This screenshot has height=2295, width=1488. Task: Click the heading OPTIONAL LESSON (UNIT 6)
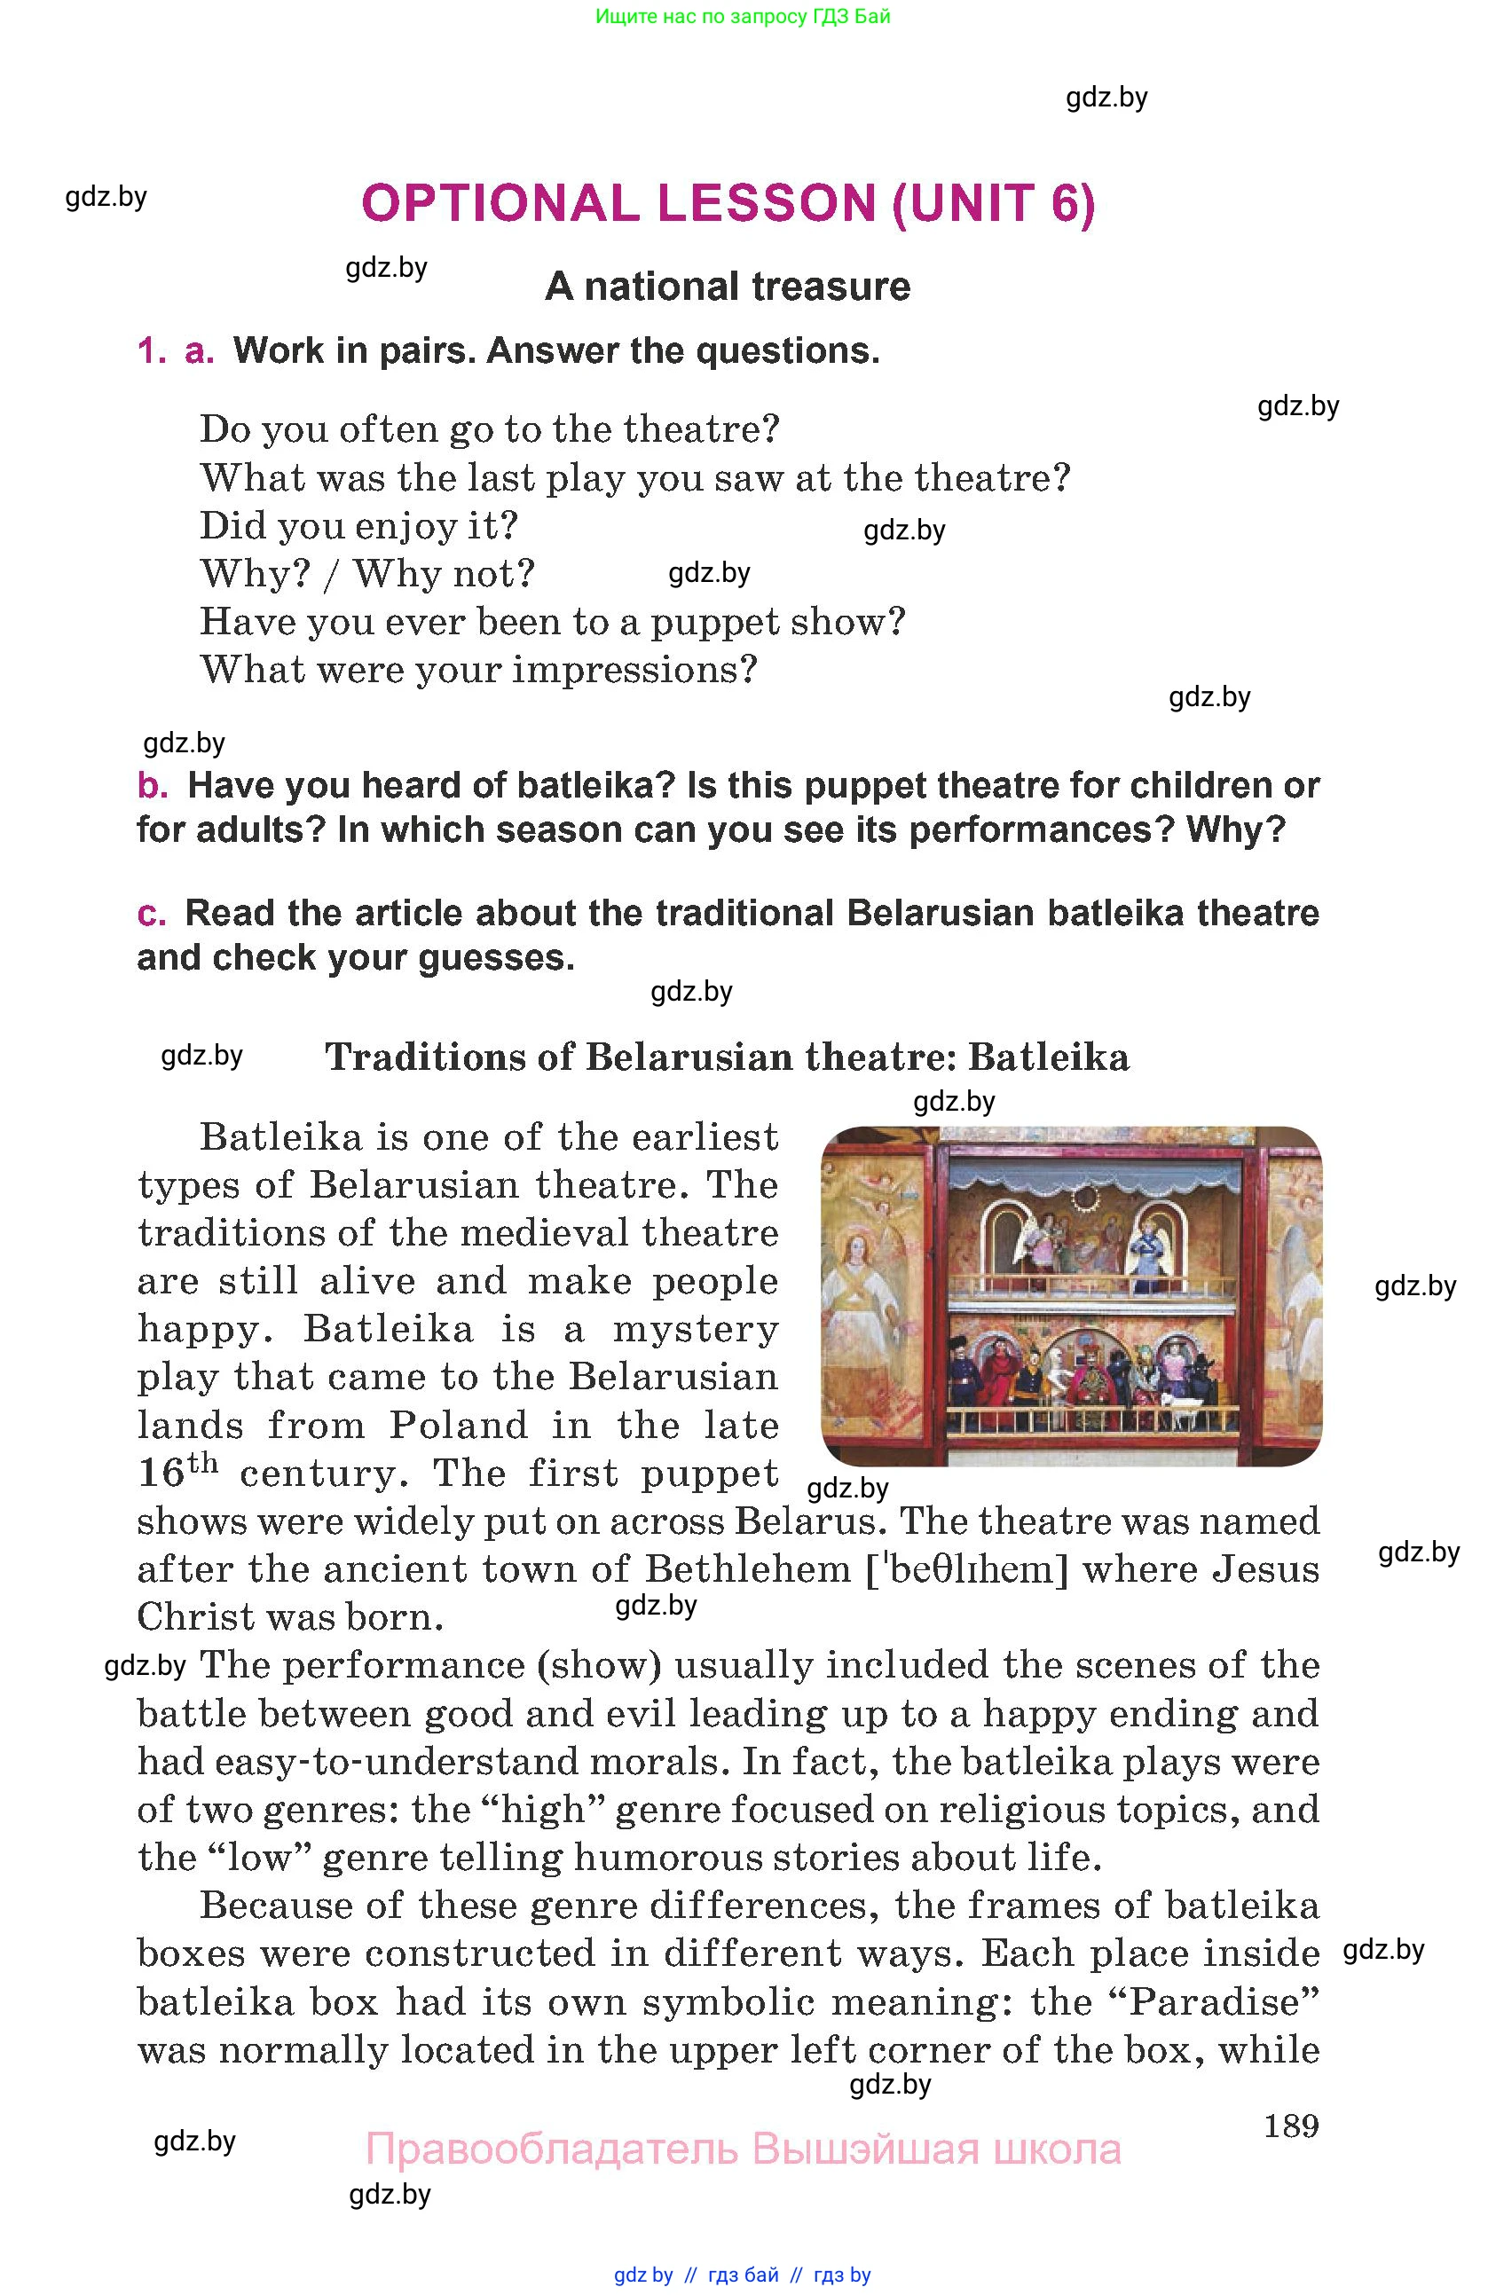pos(728,203)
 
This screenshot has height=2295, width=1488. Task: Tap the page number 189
pos(1290,2126)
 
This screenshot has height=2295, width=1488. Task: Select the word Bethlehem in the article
pos(747,1569)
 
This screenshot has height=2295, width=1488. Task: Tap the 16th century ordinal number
pos(177,1472)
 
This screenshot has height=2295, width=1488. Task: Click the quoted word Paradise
pos(1224,2000)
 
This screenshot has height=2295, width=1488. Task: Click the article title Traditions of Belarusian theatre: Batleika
pos(727,1057)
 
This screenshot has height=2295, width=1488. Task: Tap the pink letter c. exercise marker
pos(152,913)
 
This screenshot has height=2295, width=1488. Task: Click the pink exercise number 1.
pos(152,351)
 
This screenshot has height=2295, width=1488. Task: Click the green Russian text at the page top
pos(743,16)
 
